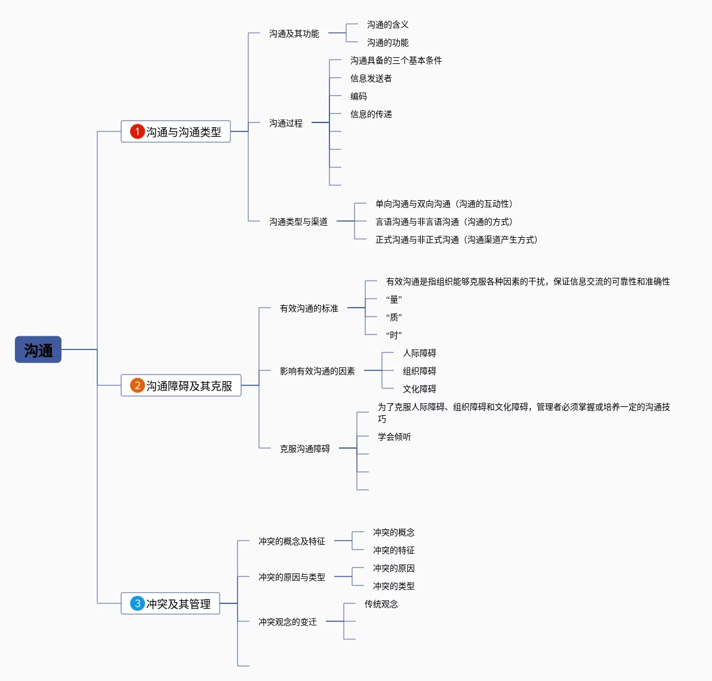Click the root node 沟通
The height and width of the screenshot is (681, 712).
[x=38, y=349]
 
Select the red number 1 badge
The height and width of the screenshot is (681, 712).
[x=137, y=131]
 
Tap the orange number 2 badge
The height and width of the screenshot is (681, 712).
[x=137, y=385]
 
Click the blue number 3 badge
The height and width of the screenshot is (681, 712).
[x=137, y=603]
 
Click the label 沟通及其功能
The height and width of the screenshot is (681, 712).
[x=294, y=33]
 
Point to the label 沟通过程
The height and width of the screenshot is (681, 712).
[x=285, y=123]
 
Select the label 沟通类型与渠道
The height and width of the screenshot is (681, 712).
[x=298, y=222]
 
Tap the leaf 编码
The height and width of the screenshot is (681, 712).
[x=358, y=96]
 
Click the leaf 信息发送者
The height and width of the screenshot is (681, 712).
[x=371, y=78]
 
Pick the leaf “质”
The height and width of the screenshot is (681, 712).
[x=394, y=317]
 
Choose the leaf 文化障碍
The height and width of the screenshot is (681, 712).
[x=419, y=389]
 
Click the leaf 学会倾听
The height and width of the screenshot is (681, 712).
[x=394, y=437]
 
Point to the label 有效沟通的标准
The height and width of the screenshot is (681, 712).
[x=309, y=308]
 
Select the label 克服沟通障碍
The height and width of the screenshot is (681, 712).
[x=304, y=449]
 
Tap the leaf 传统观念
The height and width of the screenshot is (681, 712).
[x=381, y=604]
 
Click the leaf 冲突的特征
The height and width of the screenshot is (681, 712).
[x=393, y=550]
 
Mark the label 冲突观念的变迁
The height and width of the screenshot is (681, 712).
[x=287, y=622]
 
